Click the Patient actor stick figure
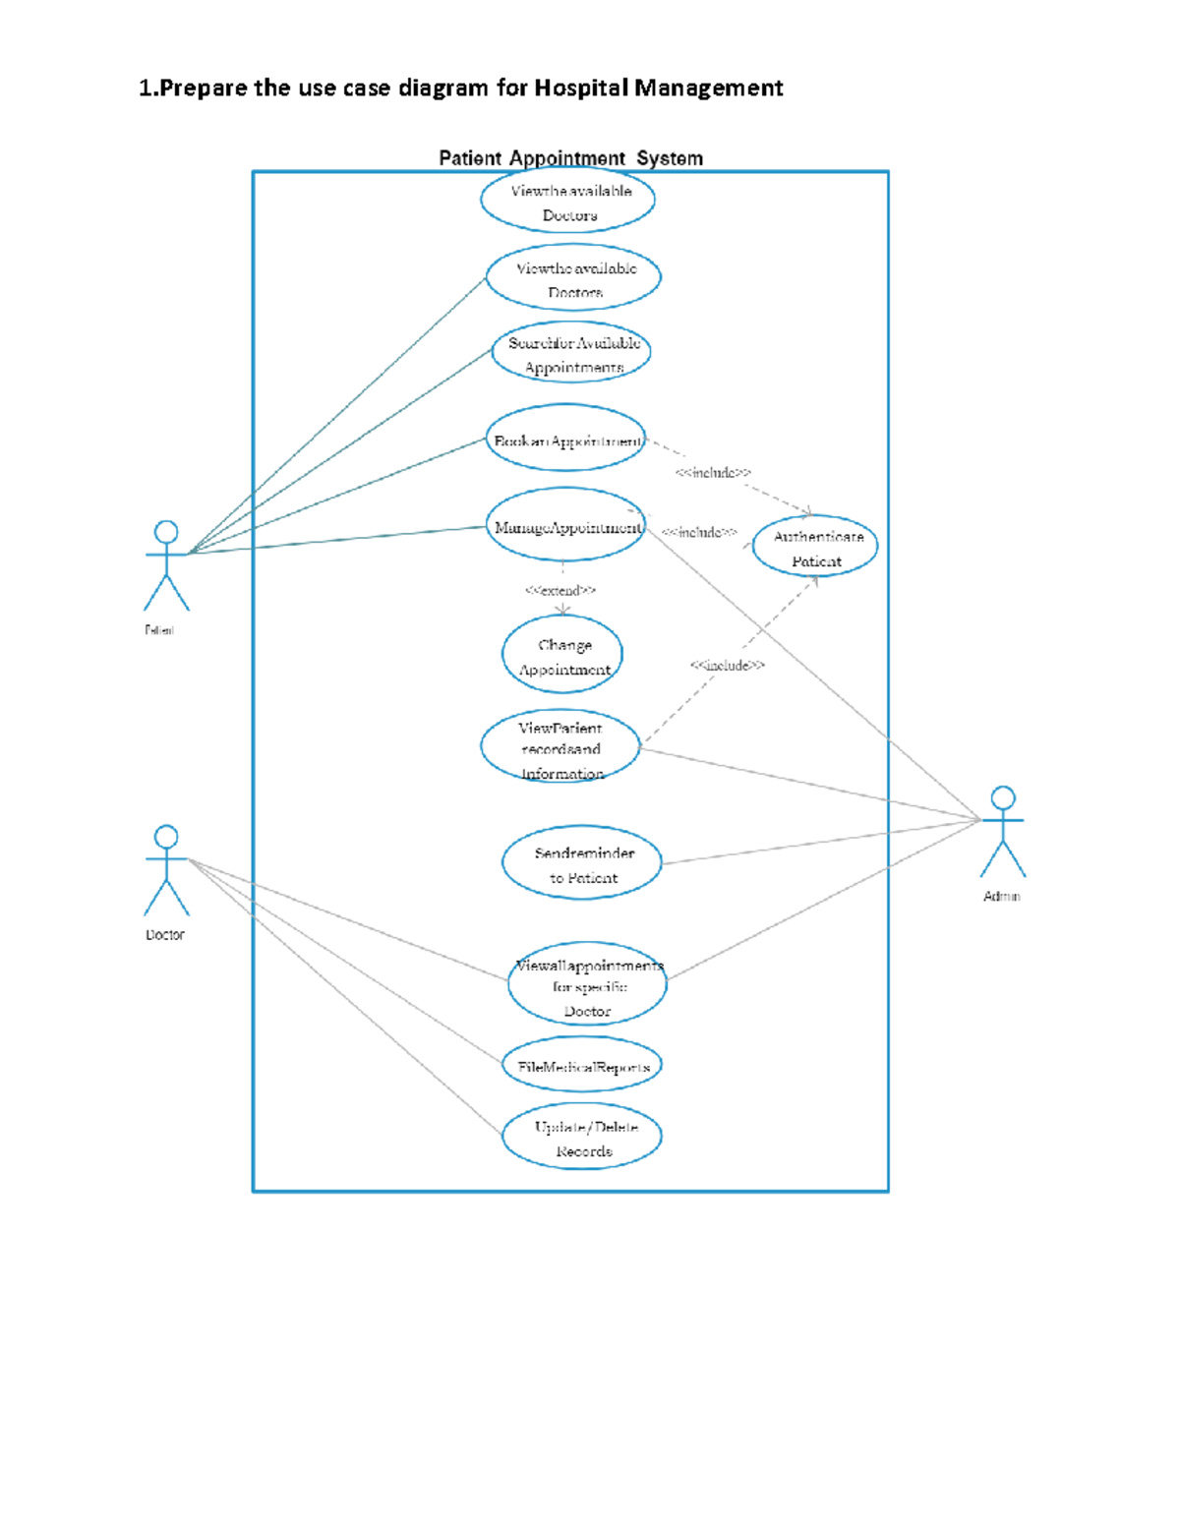click(166, 565)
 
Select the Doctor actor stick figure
click(166, 870)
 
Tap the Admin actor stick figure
click(1002, 832)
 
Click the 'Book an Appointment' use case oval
click(565, 440)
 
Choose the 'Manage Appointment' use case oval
click(565, 526)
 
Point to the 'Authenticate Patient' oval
click(815, 547)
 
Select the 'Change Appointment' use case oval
click(562, 656)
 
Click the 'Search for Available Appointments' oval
click(571, 354)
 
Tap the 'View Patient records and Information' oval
click(560, 748)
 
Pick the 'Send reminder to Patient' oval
click(582, 863)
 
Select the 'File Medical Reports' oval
click(582, 1066)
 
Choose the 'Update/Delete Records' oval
click(582, 1138)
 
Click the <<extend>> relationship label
click(560, 591)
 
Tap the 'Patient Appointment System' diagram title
click(570, 158)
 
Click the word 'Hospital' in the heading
click(581, 88)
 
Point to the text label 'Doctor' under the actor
click(165, 935)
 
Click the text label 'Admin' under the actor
click(1002, 897)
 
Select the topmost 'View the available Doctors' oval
click(567, 202)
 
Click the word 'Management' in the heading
click(708, 88)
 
